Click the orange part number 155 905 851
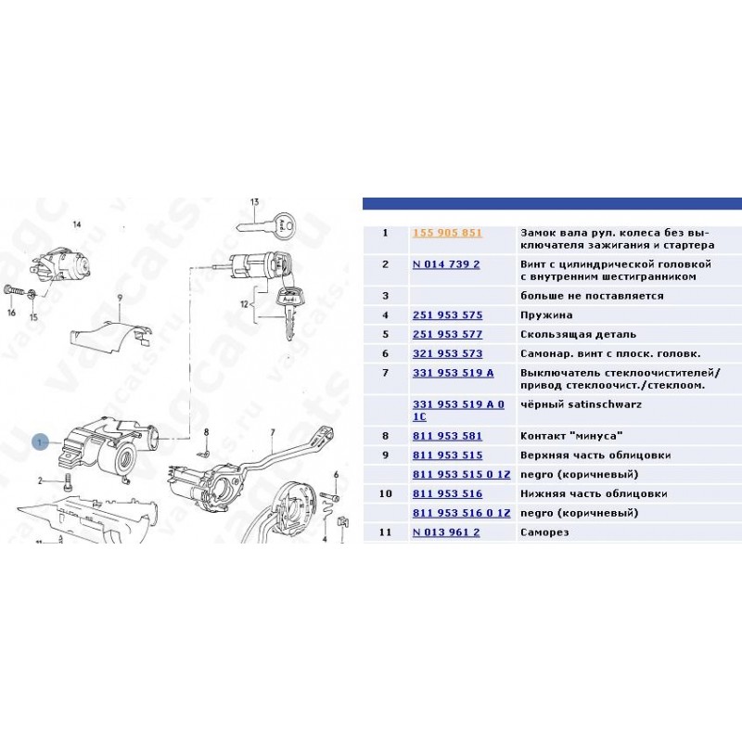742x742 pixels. pos(447,233)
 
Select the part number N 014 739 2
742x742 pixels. pos(446,264)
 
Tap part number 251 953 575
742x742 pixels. pos(447,315)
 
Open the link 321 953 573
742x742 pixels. pos(447,353)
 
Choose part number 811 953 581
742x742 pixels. pos(447,436)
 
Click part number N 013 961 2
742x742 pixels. pos(446,532)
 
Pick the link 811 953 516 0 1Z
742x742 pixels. pos(461,513)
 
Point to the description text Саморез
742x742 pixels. pos(544,532)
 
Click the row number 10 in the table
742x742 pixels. pos(385,494)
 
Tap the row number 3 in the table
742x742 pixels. pos(385,296)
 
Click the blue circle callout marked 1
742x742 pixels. pos(40,442)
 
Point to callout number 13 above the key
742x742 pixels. pos(254,202)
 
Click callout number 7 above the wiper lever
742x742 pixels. pos(273,432)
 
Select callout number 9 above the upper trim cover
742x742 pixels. pos(120,298)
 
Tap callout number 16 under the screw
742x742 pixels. pos(11,313)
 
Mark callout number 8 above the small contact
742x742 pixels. pos(206,432)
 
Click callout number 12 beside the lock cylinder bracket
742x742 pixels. pos(244,304)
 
